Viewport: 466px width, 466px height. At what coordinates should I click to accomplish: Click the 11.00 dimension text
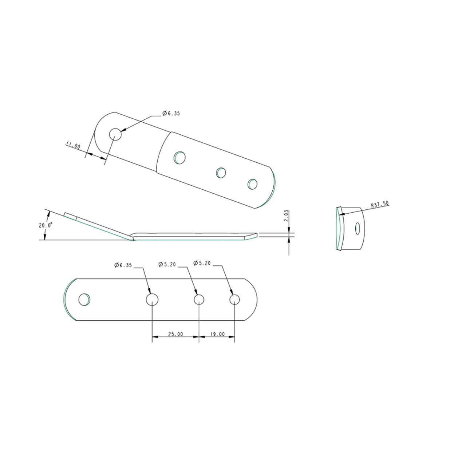coord(73,145)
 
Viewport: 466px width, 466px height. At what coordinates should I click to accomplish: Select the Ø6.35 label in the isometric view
coord(171,113)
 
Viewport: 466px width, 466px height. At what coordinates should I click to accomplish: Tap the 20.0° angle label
coord(46,225)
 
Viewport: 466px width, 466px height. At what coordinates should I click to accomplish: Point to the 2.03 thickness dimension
coord(286,216)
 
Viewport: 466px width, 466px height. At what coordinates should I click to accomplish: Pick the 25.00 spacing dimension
coord(175,334)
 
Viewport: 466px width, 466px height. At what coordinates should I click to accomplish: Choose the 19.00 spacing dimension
coord(217,334)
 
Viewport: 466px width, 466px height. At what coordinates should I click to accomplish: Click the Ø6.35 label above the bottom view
coord(123,265)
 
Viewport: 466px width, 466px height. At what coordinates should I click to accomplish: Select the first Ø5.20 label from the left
coord(167,264)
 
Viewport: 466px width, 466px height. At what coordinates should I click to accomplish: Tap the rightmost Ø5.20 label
coord(202,263)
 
